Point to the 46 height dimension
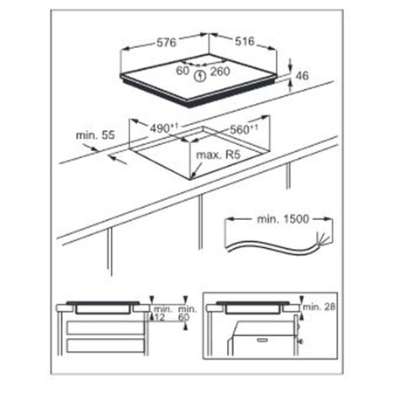303,76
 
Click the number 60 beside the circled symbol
183,72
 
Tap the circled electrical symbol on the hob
202,74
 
